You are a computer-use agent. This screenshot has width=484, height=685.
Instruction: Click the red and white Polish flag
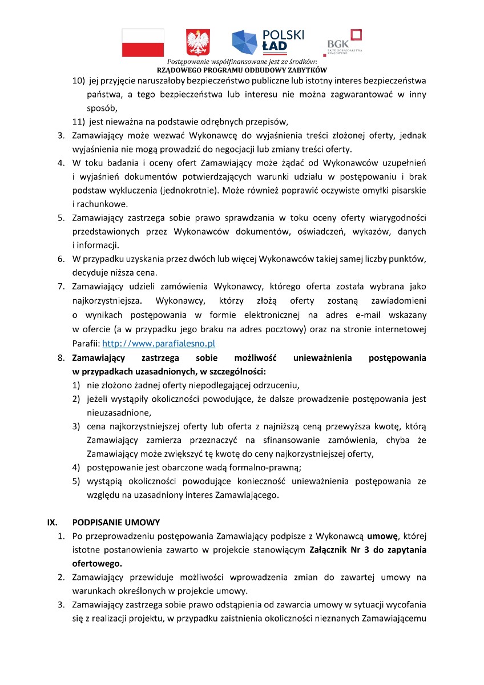pos(143,43)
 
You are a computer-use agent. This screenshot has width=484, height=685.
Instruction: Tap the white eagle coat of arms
pos(198,43)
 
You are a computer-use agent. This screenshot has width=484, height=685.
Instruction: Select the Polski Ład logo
pos(268,41)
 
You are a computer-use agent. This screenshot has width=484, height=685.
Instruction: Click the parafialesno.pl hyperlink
pos(158,344)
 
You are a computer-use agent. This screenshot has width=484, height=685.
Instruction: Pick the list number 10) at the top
pos(78,80)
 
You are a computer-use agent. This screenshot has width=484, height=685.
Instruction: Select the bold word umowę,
pos(382,536)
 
